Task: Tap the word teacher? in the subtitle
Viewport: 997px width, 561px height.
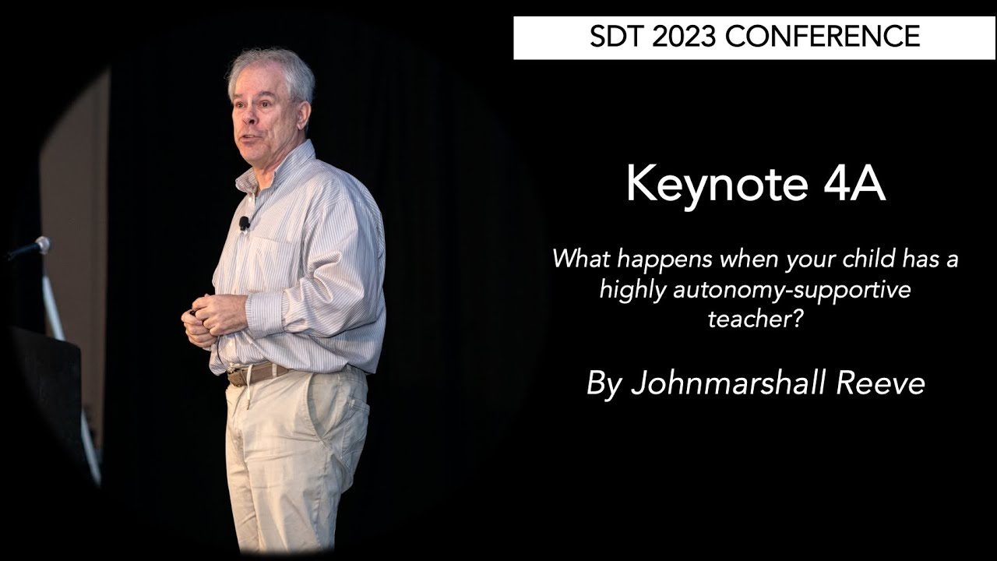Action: pos(755,318)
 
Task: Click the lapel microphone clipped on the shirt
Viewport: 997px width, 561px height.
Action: pos(245,224)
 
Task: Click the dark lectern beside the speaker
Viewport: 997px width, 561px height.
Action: pos(47,390)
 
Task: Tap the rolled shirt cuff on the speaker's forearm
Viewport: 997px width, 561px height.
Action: pos(265,312)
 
